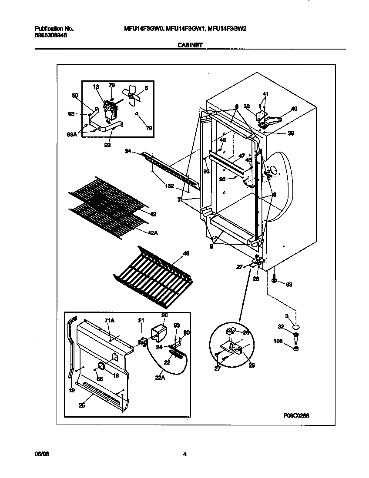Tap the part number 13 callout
96,86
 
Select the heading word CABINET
190,45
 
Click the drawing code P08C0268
296,415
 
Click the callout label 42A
153,233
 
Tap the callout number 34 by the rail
128,151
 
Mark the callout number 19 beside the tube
71,391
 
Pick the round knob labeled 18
101,366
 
